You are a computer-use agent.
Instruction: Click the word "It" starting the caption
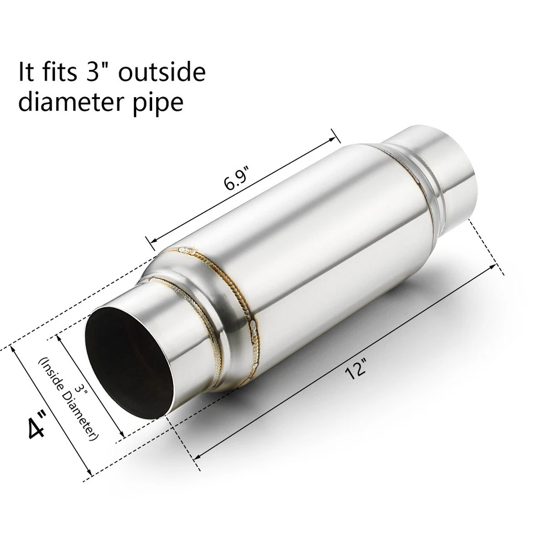click(26, 73)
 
